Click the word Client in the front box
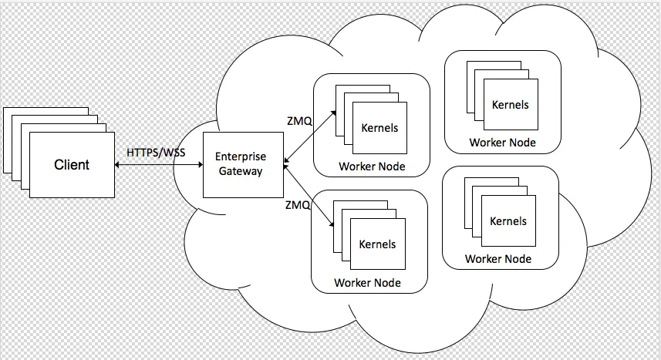tap(72, 164)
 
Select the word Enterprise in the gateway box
tap(240, 156)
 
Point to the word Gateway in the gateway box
tap(240, 170)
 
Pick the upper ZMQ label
tap(298, 122)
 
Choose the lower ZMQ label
tap(298, 205)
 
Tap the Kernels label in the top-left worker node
tap(379, 127)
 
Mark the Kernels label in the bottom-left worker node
tap(377, 244)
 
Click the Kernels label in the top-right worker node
tap(511, 104)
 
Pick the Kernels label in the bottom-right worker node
tap(508, 221)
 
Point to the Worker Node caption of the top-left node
tap(372, 167)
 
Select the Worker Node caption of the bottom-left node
tap(367, 283)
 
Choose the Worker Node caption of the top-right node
tap(502, 143)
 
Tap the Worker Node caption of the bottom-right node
tap(498, 259)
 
